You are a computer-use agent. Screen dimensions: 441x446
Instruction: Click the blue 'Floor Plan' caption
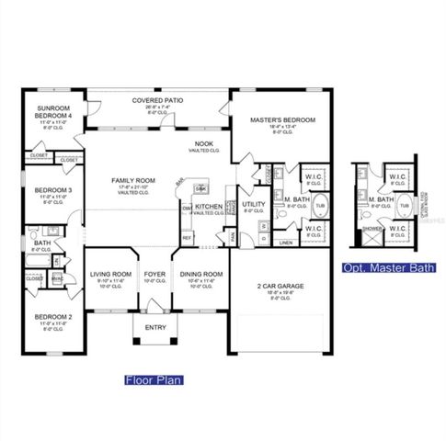[x=154, y=379]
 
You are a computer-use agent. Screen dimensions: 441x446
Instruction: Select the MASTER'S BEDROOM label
[x=283, y=120]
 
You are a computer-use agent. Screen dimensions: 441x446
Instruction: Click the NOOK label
[x=204, y=145]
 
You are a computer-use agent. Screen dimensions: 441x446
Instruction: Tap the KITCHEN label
[x=208, y=207]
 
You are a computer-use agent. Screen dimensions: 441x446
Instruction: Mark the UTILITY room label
[x=254, y=203]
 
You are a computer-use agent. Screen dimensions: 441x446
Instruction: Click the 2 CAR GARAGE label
[x=280, y=286]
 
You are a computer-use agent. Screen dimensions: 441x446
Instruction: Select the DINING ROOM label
[x=200, y=274]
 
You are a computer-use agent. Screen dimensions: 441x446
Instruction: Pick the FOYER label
[x=154, y=274]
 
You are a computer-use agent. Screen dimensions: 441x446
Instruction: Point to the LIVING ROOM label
[x=110, y=274]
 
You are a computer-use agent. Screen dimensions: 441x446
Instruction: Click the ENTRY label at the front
[x=154, y=326]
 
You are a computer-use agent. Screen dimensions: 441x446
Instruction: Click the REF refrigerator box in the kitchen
[x=186, y=238]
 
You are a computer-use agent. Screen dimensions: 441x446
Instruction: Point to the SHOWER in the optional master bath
[x=372, y=229]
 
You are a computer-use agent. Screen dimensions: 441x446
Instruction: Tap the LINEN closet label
[x=285, y=243]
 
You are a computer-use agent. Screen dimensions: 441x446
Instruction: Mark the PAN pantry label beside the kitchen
[x=234, y=235]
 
